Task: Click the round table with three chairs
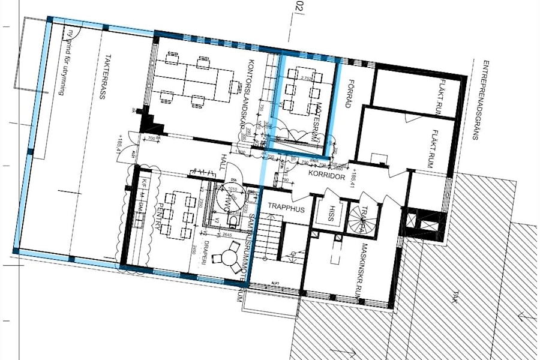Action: pos(230,260)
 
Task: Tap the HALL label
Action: pos(224,162)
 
